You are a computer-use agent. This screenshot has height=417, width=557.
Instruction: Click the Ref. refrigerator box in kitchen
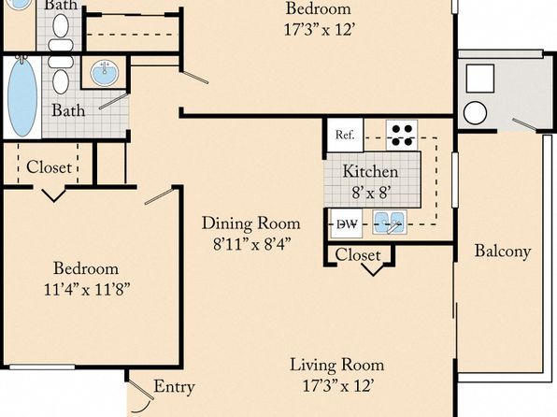click(x=345, y=135)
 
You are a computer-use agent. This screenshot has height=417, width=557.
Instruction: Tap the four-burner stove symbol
click(x=402, y=135)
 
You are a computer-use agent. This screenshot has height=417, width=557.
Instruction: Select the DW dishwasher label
click(x=347, y=224)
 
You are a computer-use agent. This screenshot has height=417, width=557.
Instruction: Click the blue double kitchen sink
click(x=390, y=223)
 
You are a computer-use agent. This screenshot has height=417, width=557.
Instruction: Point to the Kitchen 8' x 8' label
click(x=370, y=182)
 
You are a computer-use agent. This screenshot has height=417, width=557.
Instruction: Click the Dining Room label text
click(x=251, y=223)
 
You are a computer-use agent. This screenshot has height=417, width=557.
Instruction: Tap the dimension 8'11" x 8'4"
click(x=251, y=244)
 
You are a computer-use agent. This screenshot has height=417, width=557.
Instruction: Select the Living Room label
click(x=337, y=365)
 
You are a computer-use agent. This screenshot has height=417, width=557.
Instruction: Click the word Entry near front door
click(x=174, y=387)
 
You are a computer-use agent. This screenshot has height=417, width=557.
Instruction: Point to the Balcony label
click(x=503, y=251)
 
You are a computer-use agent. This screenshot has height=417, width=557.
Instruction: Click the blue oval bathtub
click(x=22, y=96)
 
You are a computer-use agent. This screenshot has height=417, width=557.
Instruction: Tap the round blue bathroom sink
click(x=104, y=72)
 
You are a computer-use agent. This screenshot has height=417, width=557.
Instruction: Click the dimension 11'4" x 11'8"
click(x=86, y=290)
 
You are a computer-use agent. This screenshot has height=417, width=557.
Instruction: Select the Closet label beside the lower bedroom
click(x=49, y=167)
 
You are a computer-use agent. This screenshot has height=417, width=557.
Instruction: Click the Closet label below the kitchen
click(x=358, y=255)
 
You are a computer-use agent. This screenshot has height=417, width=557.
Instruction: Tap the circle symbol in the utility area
click(x=475, y=113)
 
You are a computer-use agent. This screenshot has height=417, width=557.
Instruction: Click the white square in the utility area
click(x=480, y=79)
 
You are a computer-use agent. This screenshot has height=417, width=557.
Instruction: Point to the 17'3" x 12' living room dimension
click(x=337, y=386)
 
